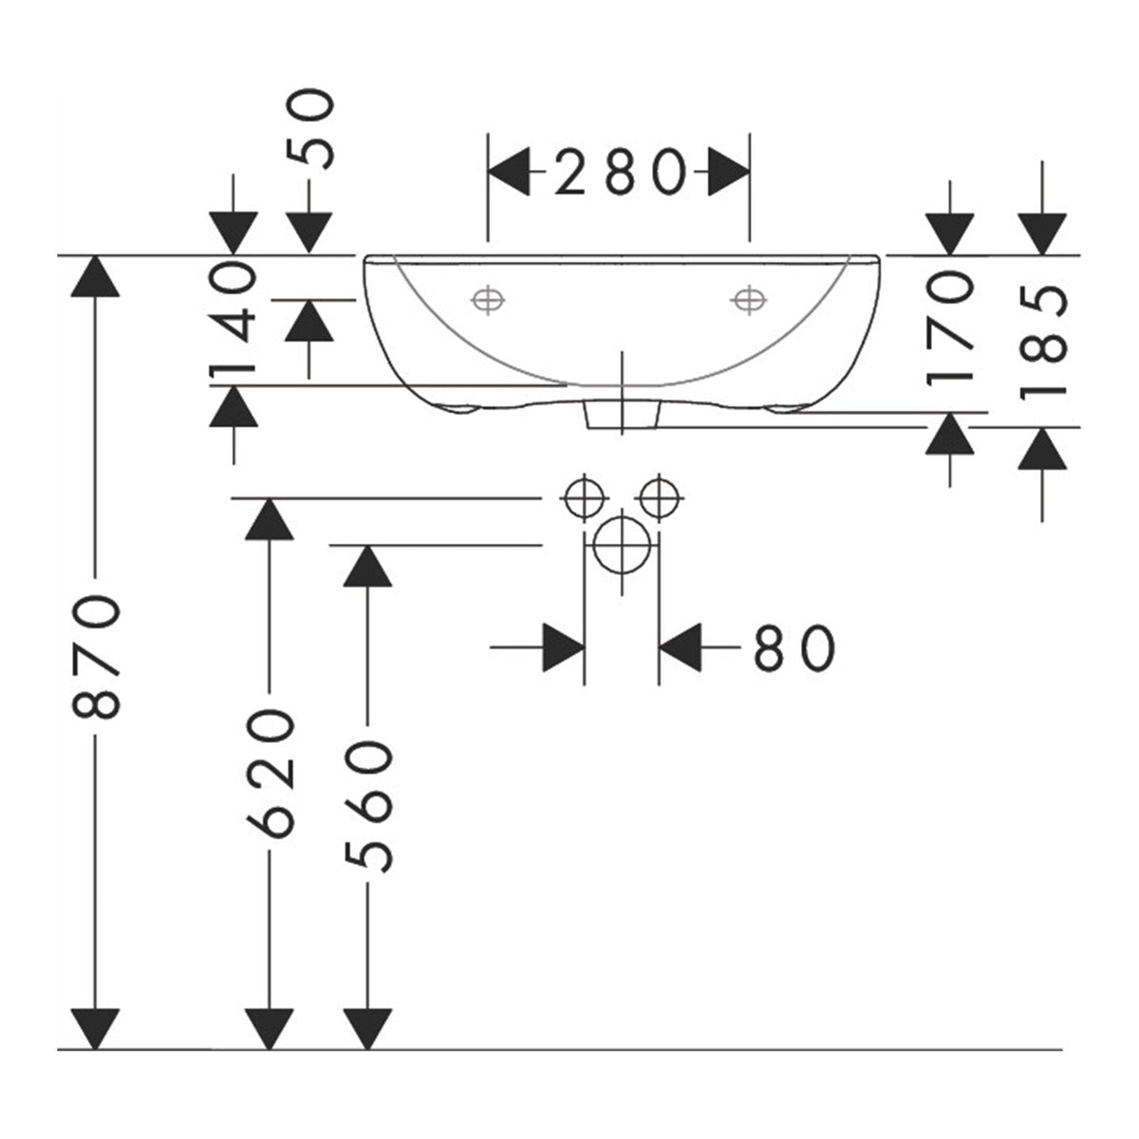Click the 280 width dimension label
pyautogui.click(x=621, y=172)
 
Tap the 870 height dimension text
pyautogui.click(x=96, y=657)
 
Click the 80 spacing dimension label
pyautogui.click(x=794, y=648)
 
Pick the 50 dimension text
pyautogui.click(x=309, y=130)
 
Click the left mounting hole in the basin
pyautogui.click(x=488, y=300)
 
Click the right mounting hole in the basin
pyautogui.click(x=749, y=300)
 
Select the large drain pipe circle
pyautogui.click(x=622, y=545)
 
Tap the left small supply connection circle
pyautogui.click(x=584, y=498)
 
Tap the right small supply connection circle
pyautogui.click(x=660, y=498)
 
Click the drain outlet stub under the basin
pyautogui.click(x=621, y=415)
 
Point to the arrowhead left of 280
pyautogui.click(x=509, y=172)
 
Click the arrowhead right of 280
pyautogui.click(x=729, y=172)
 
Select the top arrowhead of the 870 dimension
pyautogui.click(x=95, y=276)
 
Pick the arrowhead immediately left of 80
pyautogui.click(x=564, y=647)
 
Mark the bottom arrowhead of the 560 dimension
pyautogui.click(x=367, y=1029)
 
